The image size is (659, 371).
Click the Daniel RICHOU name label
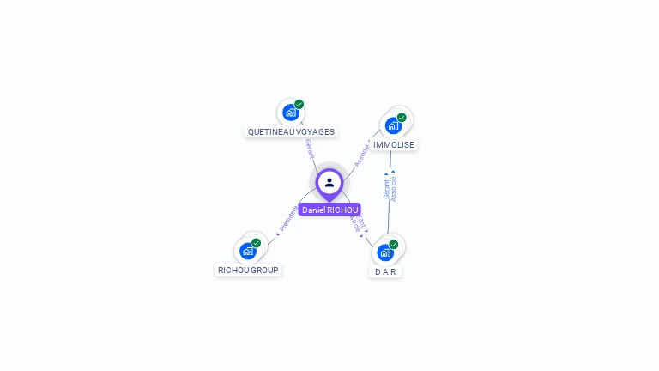329,210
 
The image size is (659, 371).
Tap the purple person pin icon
329,183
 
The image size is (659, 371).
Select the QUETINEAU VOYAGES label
291,132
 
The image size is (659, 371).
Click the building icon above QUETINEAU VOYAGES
290,113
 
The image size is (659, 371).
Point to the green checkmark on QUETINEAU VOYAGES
299,105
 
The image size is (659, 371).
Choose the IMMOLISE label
394,145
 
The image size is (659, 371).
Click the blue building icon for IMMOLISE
393,125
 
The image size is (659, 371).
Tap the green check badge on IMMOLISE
402,118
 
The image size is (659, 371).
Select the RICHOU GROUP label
248,270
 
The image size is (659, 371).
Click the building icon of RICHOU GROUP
247,251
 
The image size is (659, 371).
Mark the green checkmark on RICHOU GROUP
256,243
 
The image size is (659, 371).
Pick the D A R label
385,271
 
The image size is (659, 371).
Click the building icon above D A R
385,252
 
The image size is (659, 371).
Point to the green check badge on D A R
394,245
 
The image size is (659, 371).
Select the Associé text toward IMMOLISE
363,155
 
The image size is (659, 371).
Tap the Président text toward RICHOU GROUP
288,218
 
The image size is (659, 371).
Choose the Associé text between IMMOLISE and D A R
394,189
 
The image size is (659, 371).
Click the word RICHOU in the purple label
342,210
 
